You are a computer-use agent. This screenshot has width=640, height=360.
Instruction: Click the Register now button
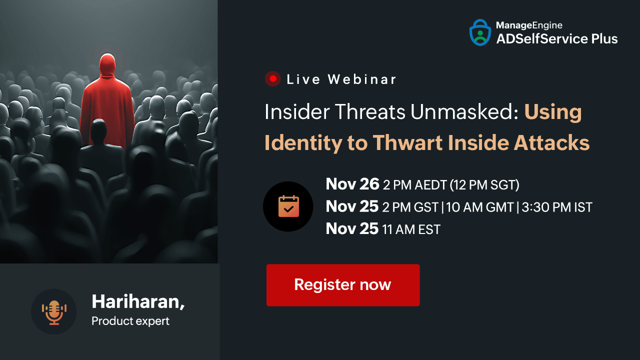coord(343,285)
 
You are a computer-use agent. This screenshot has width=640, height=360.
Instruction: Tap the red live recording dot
coord(273,78)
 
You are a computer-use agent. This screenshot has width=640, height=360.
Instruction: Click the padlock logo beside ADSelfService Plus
coord(480,32)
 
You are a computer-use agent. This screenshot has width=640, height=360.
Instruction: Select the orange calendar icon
coord(288,206)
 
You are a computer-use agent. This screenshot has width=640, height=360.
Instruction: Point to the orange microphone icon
coord(54,312)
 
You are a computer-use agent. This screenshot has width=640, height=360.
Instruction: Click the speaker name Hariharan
coord(136,301)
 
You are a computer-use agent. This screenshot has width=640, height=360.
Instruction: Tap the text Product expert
coord(130,321)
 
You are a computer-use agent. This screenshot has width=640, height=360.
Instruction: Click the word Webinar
coord(361,79)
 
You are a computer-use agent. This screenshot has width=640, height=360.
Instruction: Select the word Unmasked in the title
coord(464,111)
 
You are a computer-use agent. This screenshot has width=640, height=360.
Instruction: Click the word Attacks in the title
coord(551,142)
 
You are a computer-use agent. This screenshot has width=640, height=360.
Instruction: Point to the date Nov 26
coord(352,184)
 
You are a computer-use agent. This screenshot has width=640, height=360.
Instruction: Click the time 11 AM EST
coord(411,229)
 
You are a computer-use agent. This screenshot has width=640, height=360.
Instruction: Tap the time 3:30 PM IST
coord(557,207)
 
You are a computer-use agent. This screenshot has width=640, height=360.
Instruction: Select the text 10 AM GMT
coord(480,207)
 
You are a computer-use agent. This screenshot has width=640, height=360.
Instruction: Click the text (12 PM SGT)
coord(484,185)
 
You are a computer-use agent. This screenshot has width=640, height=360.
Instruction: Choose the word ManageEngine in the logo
coord(529,25)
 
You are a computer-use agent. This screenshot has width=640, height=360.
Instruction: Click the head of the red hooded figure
coord(107,64)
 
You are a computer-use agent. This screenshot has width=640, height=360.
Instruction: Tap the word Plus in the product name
coord(604,39)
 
